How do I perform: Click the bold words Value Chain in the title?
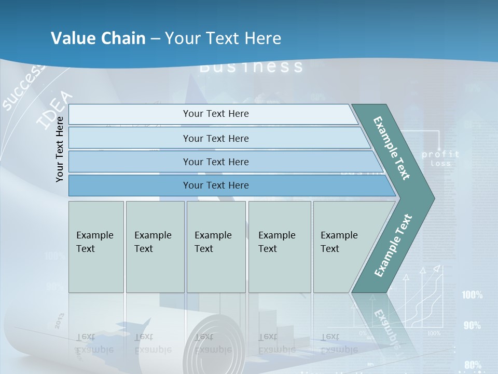pos(98,38)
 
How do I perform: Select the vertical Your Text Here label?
pos(60,149)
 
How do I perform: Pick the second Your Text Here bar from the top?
pos(216,138)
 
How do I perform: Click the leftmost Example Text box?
pos(96,247)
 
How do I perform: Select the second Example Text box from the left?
pos(155,247)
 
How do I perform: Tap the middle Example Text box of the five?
pos(216,247)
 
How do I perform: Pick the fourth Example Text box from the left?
pos(280,247)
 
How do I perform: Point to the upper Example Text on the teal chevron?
pos(392,149)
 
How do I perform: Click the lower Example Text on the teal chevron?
pos(393,245)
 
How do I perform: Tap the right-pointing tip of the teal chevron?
pos(431,198)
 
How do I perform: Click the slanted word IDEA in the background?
pos(55,110)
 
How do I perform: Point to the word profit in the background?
pos(440,154)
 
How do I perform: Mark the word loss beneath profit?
pos(440,164)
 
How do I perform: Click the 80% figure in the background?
pos(473,365)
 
